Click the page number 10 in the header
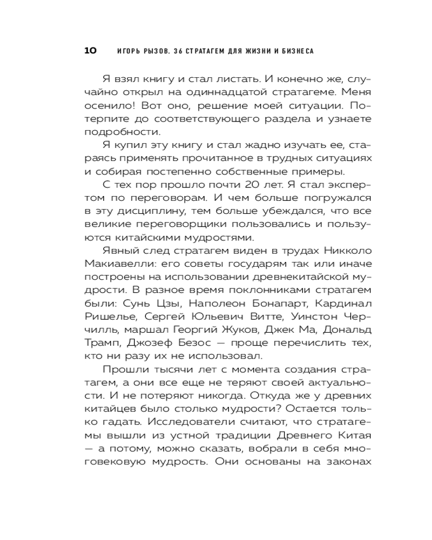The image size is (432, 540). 90,51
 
